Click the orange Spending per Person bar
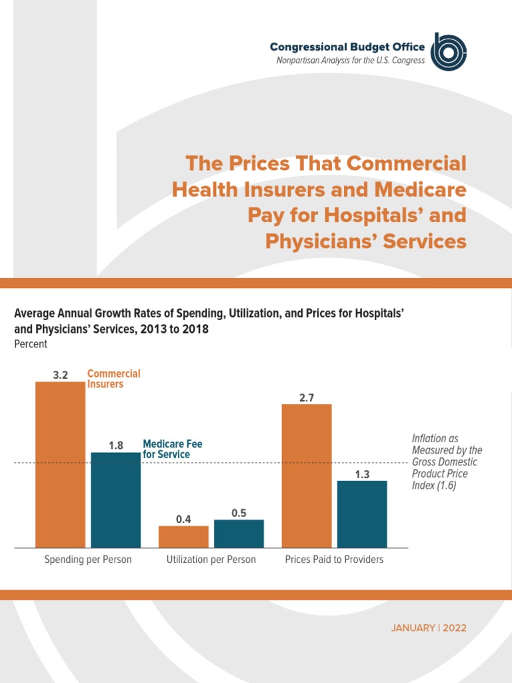(60, 464)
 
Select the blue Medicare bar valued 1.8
(116, 500)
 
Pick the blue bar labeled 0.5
(239, 534)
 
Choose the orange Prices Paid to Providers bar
(307, 476)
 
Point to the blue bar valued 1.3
(362, 514)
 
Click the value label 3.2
(61, 376)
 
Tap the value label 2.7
(307, 398)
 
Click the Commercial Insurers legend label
(114, 379)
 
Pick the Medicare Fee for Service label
(173, 449)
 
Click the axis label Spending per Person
(88, 560)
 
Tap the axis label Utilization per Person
(211, 560)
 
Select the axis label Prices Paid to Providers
(334, 560)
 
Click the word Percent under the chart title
(31, 344)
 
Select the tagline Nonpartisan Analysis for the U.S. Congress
(351, 61)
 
